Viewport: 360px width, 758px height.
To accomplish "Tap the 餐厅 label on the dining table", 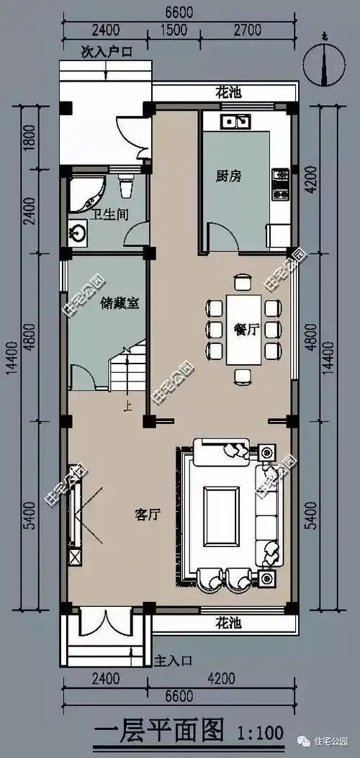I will pos(246,330).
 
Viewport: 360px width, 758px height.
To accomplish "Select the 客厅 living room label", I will pos(146,514).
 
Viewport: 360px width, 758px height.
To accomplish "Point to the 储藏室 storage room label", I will pos(120,303).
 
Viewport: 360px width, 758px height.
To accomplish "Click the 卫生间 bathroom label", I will pos(106,214).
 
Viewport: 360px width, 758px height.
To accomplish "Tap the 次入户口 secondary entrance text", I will pos(106,52).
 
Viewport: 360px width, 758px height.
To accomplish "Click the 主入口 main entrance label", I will pos(174,659).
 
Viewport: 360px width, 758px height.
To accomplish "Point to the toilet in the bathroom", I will pos(127,186).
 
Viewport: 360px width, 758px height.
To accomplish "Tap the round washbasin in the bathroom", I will pos(78,233).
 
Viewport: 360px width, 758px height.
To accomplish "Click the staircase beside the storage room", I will pos(127,367).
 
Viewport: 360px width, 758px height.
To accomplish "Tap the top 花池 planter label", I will pos(228,92).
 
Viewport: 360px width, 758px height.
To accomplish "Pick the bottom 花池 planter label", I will pos(228,622).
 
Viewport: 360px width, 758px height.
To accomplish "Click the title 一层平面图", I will pos(159,731).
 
